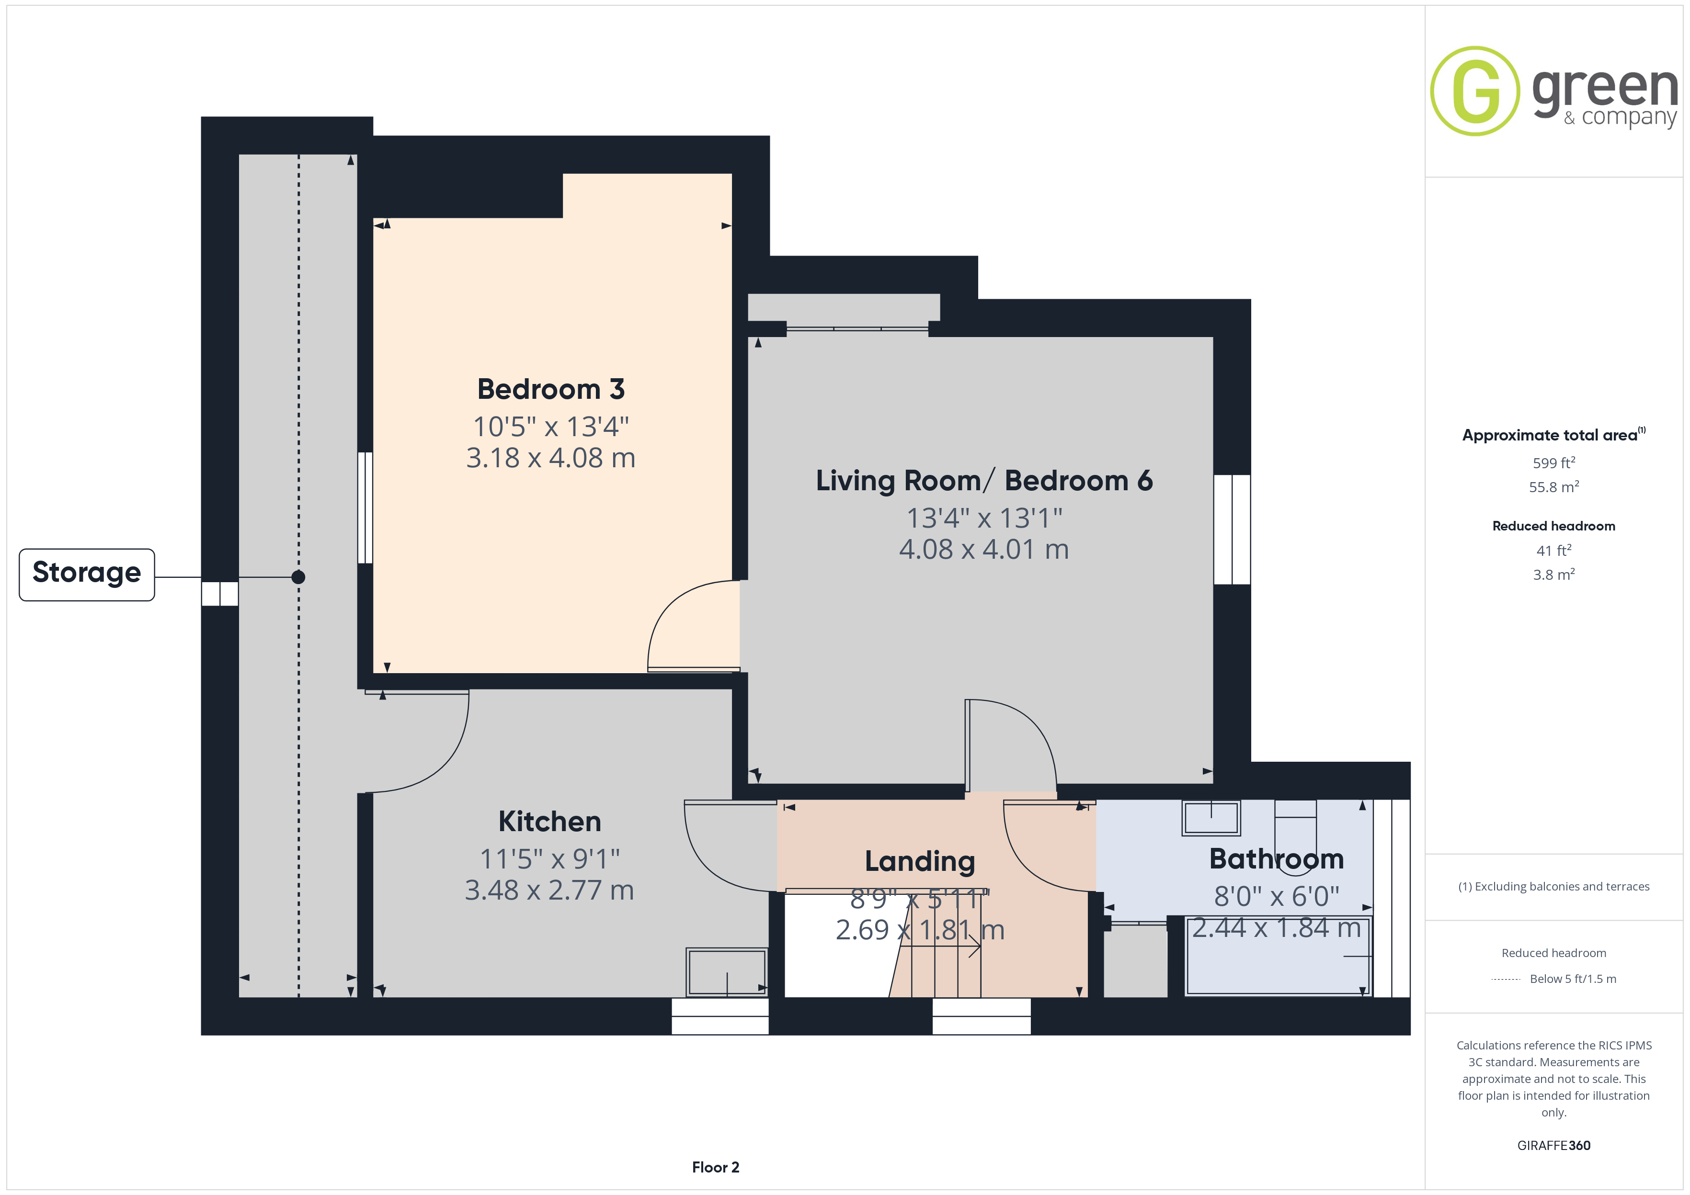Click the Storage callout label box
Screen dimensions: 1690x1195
point(87,575)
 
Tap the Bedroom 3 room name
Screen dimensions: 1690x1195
point(550,389)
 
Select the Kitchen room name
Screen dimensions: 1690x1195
point(550,821)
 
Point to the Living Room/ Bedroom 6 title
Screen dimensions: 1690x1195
point(984,481)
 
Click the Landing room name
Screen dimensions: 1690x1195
point(920,861)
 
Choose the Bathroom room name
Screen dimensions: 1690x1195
point(1276,859)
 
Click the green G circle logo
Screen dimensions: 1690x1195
point(1474,91)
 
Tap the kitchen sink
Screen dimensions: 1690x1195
point(727,972)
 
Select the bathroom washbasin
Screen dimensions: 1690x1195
point(1211,818)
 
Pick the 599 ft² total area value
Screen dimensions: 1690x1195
point(1554,463)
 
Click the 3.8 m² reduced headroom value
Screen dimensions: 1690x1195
point(1554,575)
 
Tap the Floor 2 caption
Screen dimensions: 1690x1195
point(716,1167)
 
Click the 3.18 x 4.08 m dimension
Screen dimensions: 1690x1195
point(550,458)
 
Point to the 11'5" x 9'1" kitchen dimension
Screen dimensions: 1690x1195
point(550,859)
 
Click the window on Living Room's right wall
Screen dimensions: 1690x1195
point(1232,530)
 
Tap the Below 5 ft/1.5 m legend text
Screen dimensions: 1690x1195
point(1573,979)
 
